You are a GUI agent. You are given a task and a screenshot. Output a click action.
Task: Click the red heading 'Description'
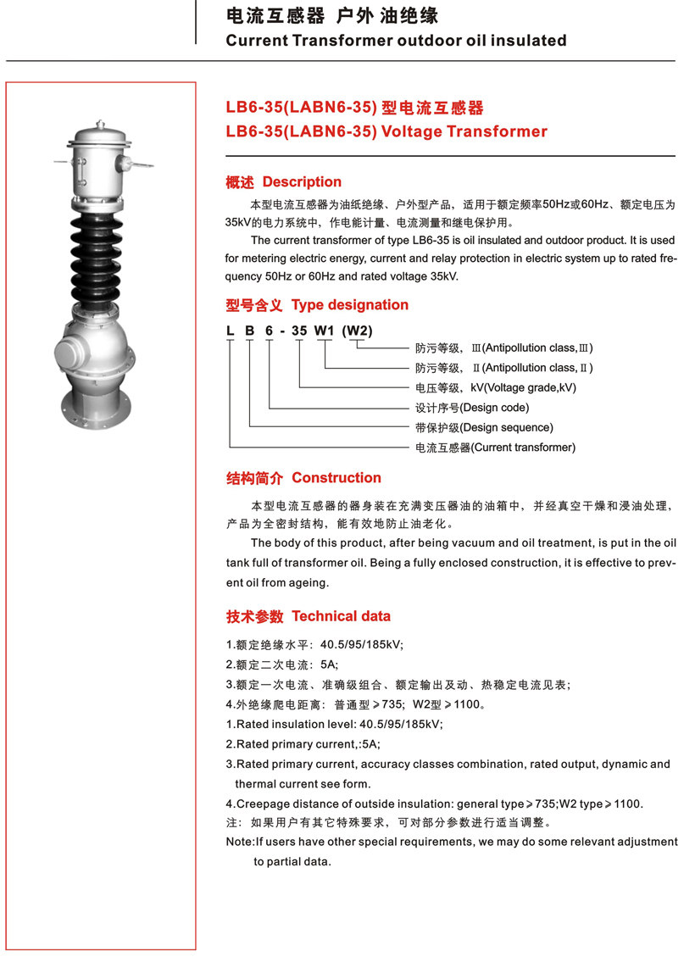click(302, 182)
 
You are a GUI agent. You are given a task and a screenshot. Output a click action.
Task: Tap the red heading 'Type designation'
click(349, 305)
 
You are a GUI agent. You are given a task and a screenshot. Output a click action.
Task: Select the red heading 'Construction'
click(336, 478)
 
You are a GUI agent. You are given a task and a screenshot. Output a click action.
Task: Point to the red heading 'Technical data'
click(341, 616)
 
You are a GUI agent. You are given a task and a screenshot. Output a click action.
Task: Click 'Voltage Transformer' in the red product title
click(464, 131)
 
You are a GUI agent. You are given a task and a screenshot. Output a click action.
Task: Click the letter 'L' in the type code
click(230, 331)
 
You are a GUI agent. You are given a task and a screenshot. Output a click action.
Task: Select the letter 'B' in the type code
click(249, 331)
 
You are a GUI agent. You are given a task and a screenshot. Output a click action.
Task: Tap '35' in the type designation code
click(299, 331)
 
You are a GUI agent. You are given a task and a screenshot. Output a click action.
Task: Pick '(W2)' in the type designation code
click(357, 331)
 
